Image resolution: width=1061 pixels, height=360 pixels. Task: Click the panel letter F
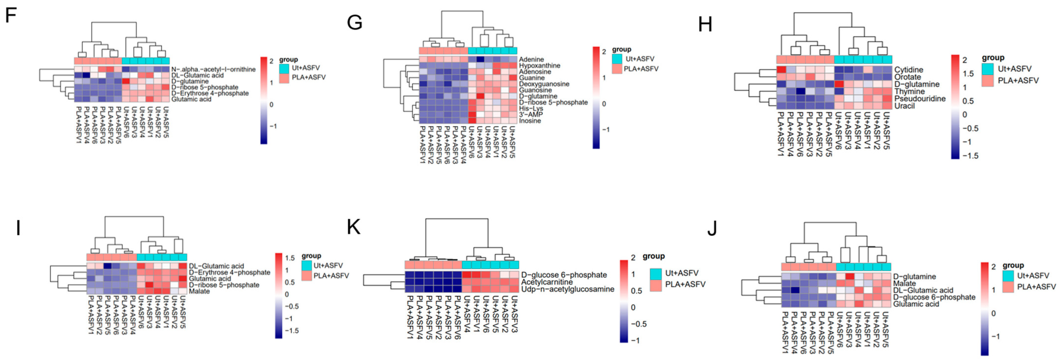point(11,16)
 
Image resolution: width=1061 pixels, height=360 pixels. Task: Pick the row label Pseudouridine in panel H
point(919,99)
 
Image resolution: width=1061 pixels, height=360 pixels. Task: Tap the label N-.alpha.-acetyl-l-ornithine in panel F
point(213,69)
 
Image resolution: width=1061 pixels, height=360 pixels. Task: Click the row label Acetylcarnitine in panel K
point(547,282)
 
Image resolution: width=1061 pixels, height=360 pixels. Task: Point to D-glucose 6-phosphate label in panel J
point(934,297)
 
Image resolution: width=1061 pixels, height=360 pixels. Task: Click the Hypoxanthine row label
point(539,66)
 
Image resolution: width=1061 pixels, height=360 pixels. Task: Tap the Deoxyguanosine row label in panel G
point(544,84)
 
